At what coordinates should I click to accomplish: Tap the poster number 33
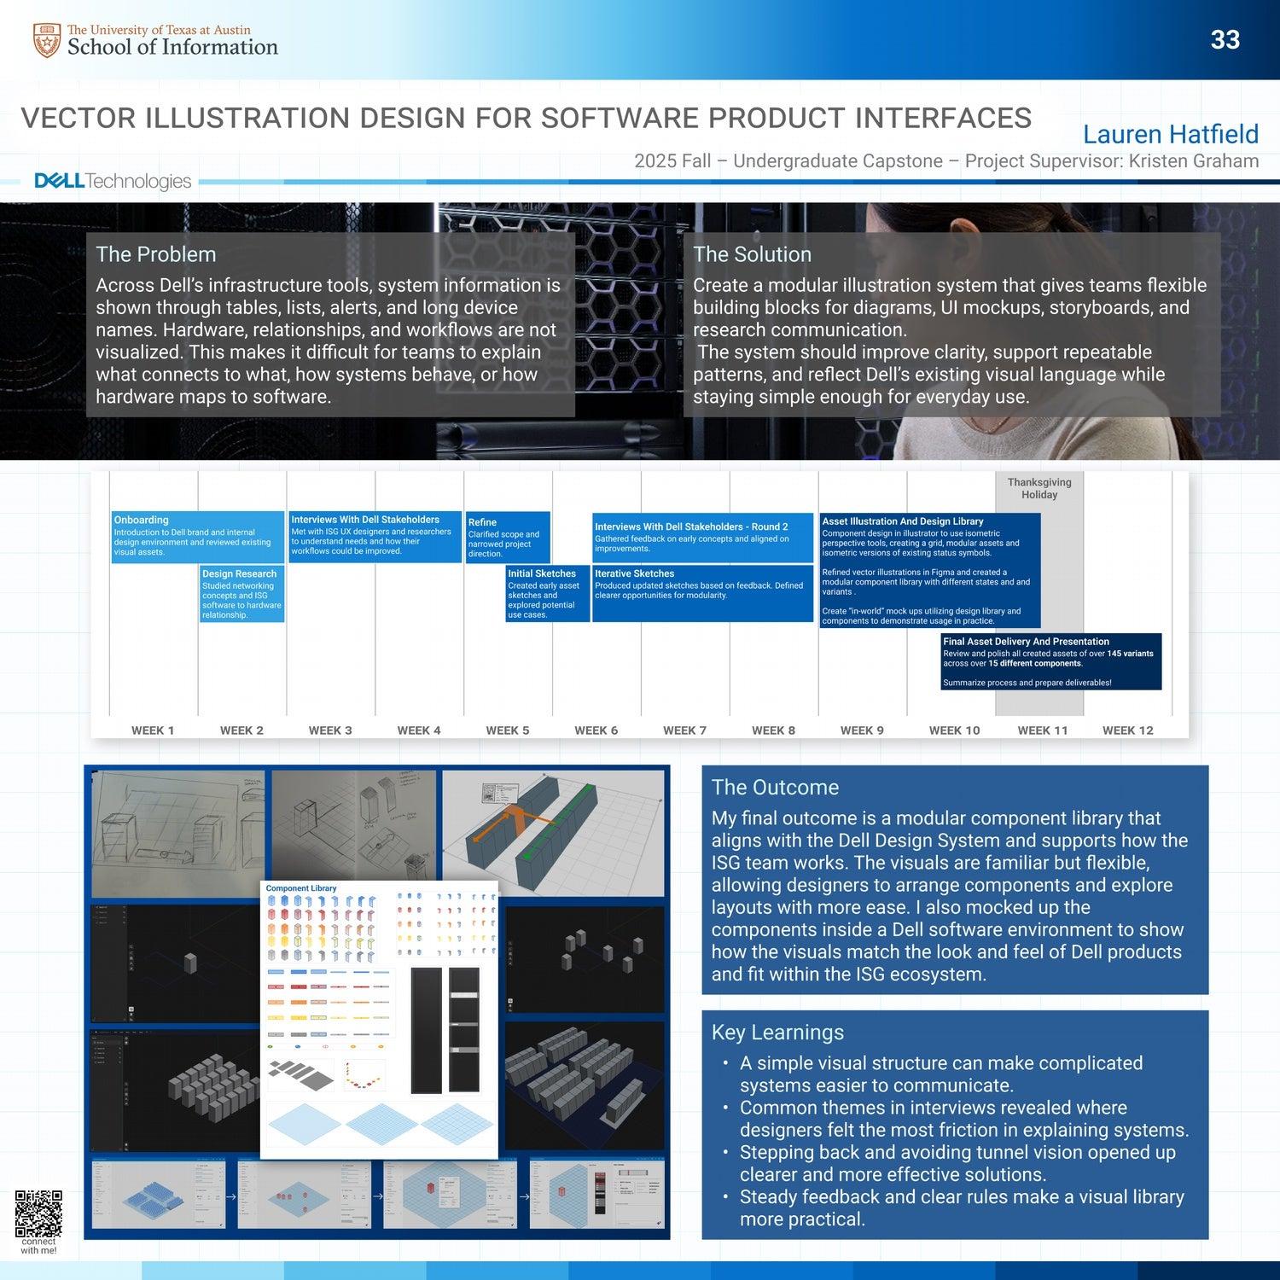[1225, 40]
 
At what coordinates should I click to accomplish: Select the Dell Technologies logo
[113, 181]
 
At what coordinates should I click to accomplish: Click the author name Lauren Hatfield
[1170, 134]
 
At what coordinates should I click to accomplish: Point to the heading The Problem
[155, 254]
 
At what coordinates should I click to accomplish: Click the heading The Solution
[752, 254]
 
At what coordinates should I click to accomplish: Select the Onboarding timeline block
[197, 536]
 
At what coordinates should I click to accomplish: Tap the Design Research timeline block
[241, 594]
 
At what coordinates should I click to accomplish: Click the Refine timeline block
[507, 537]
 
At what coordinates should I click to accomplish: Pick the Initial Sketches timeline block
[547, 593]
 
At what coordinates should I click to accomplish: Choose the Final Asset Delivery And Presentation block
[1050, 660]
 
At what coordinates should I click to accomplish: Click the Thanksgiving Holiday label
[1039, 488]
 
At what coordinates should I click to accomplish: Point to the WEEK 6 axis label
[596, 730]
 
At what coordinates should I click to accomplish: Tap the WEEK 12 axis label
[1127, 730]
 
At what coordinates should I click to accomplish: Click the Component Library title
[301, 888]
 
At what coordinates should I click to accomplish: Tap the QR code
[38, 1213]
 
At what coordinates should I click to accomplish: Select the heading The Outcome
[775, 788]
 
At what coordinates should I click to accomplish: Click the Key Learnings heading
[777, 1033]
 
